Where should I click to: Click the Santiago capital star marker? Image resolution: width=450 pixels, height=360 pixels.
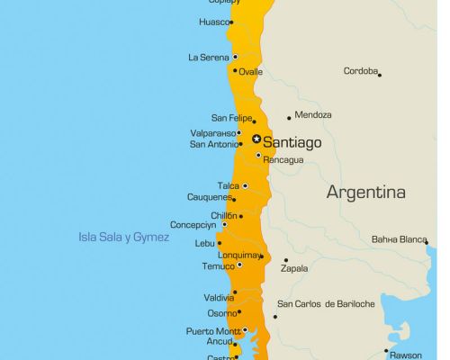256,139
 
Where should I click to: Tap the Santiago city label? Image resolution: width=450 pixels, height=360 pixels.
292,141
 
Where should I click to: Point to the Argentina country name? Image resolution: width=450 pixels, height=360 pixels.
365,192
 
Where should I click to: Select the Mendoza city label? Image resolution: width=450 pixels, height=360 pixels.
313,115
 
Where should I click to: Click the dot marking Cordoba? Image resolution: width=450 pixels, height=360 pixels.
380,75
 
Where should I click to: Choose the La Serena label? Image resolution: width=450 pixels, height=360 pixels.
208,58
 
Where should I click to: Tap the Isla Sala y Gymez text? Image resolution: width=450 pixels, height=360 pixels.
124,237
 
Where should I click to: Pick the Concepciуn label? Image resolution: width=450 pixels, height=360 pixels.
193,225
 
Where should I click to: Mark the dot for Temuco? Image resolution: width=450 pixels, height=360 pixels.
239,265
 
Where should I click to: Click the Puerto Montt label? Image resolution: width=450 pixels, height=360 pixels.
212,331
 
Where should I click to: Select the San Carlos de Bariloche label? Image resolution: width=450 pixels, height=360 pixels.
326,304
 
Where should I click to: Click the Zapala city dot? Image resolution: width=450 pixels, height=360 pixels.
285,260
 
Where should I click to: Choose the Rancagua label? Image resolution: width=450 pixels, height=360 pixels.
283,160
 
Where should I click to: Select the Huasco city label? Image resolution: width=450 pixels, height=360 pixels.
213,22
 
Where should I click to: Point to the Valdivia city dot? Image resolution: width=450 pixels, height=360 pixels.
235,292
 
